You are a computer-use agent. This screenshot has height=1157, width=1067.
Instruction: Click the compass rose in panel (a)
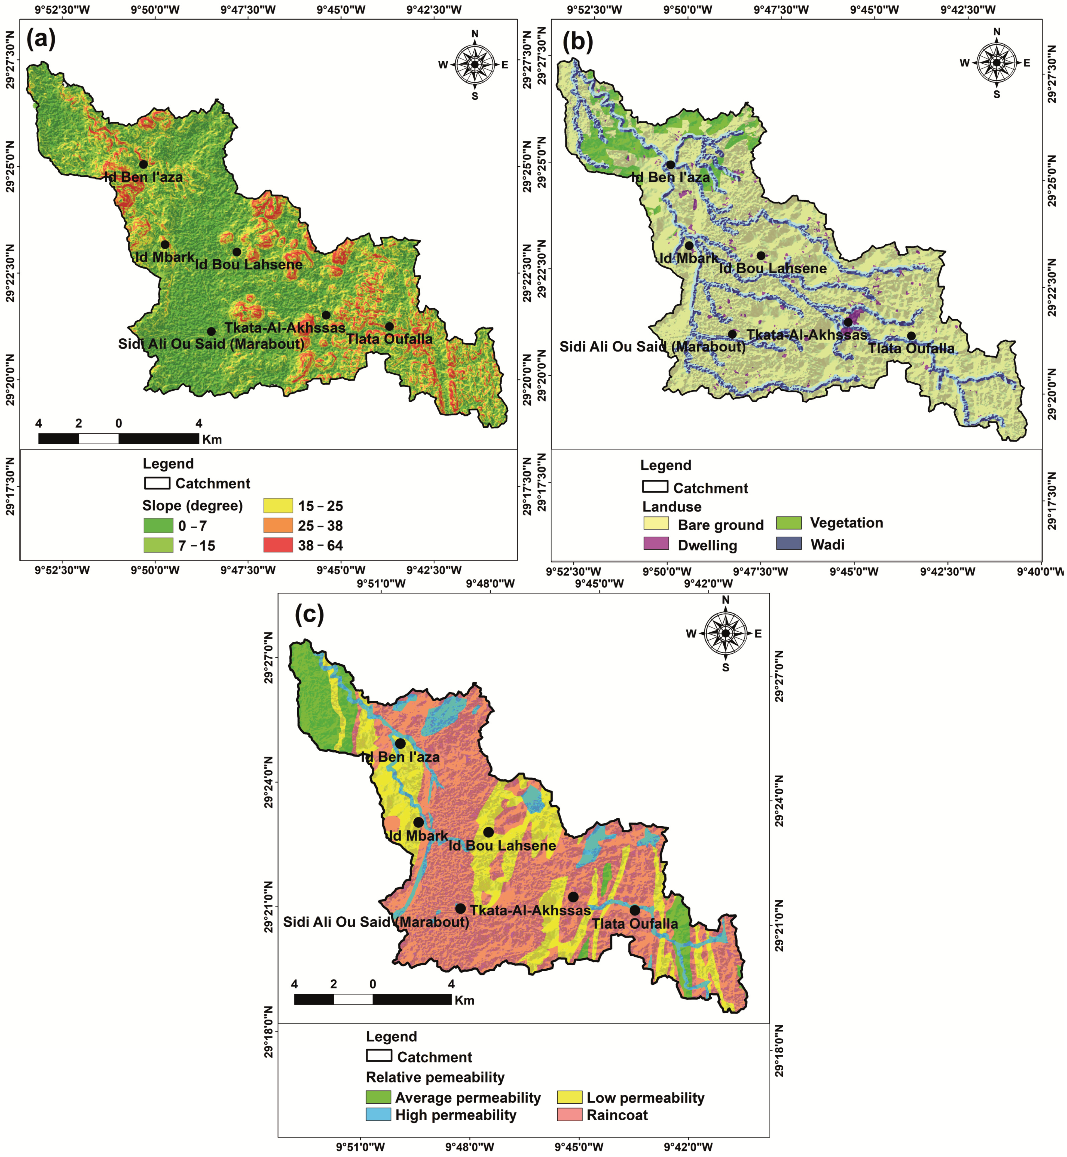475,64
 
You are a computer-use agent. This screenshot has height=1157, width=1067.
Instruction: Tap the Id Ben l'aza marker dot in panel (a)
143,164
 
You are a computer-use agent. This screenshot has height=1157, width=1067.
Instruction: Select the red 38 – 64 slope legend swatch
278,545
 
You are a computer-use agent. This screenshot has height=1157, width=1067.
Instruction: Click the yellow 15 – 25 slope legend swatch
278,506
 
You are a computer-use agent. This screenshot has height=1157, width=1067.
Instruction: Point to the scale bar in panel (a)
118,438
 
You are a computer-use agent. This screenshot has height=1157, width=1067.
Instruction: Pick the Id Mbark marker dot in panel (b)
689,245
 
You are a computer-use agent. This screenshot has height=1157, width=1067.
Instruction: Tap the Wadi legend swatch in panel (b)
789,543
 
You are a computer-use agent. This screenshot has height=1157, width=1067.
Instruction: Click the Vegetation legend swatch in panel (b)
789,522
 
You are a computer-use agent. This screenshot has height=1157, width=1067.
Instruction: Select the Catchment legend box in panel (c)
379,1055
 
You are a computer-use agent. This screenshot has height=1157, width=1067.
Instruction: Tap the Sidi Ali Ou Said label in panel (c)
376,922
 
